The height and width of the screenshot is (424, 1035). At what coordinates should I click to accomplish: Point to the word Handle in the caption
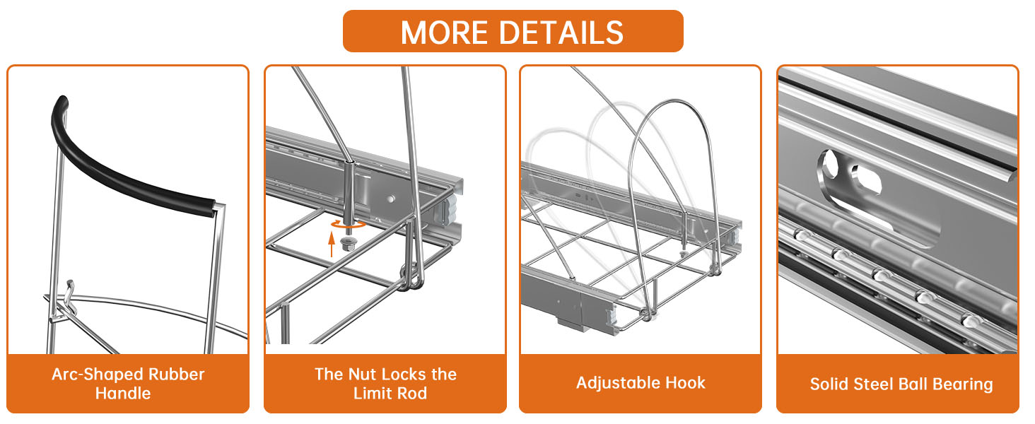click(123, 393)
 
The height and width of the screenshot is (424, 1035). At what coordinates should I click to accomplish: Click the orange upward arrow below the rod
click(332, 245)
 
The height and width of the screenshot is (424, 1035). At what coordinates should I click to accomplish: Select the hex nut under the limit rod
click(347, 243)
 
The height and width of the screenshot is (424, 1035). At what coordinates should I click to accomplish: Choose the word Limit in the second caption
click(373, 393)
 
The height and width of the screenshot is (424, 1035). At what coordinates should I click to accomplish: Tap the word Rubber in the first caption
click(176, 374)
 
